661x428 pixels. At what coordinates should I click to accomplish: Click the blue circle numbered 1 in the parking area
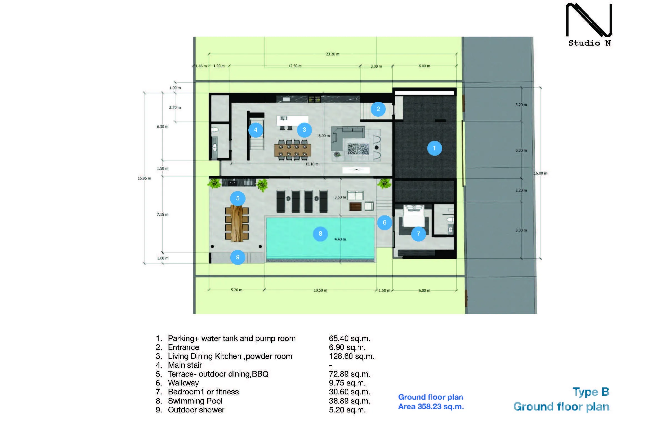tap(434, 148)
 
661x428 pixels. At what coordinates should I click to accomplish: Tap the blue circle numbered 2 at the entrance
tap(378, 109)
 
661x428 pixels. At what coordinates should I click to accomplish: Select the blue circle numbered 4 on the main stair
tap(256, 130)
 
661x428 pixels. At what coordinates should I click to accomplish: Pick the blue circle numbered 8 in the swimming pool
tap(321, 234)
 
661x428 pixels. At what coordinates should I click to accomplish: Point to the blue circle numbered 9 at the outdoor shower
tap(238, 257)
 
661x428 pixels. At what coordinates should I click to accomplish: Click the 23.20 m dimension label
tap(332, 54)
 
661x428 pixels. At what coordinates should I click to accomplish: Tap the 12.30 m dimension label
tap(295, 66)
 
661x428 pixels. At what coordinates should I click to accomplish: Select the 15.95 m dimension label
tap(144, 178)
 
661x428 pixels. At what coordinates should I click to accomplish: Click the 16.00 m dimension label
tap(540, 173)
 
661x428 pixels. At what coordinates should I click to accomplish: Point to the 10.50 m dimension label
tap(321, 290)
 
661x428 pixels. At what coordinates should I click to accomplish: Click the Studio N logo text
tap(589, 43)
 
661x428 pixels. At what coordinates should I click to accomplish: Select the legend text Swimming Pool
tap(195, 401)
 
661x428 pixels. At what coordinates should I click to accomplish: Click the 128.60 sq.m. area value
tap(352, 356)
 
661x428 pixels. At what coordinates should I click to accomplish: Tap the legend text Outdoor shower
tap(196, 410)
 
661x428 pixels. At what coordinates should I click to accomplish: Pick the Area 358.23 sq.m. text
tap(431, 407)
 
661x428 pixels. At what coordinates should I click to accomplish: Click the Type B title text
tap(591, 392)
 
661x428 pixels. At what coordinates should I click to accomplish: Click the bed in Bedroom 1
tap(414, 216)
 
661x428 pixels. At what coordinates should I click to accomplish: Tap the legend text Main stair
tap(185, 365)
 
